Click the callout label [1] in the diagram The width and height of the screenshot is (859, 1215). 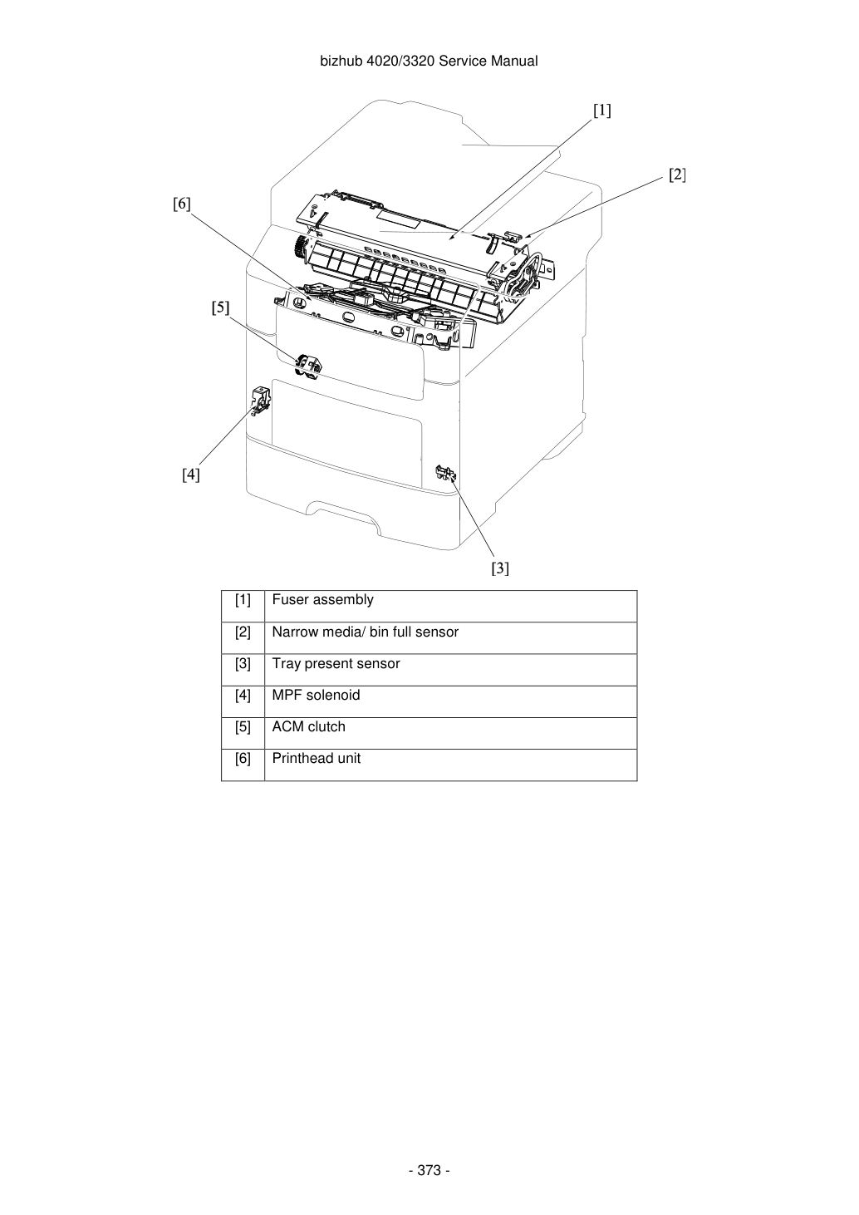pyautogui.click(x=602, y=111)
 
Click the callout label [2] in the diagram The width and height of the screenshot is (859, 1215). pyautogui.click(x=677, y=175)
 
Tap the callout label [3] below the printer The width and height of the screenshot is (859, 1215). pyautogui.click(x=500, y=568)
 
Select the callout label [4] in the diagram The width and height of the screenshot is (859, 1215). pyautogui.click(x=190, y=475)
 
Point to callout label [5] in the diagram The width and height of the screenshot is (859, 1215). pyautogui.click(x=220, y=307)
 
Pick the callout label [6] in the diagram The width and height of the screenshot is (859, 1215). pyautogui.click(x=182, y=204)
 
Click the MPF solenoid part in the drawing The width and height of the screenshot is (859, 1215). pyautogui.click(x=261, y=401)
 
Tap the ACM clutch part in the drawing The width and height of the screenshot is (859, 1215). pyautogui.click(x=308, y=366)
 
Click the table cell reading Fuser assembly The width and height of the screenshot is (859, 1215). pyautogui.click(x=450, y=606)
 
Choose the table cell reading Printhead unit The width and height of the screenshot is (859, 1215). pyautogui.click(x=450, y=765)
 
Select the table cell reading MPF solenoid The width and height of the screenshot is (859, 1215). pyautogui.click(x=450, y=701)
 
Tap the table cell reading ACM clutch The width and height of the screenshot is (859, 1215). pyautogui.click(x=450, y=733)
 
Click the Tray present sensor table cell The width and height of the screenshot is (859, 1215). pyautogui.click(x=450, y=670)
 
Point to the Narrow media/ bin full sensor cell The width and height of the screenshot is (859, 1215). pyautogui.click(x=450, y=638)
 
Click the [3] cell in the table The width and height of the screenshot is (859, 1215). pyautogui.click(x=243, y=670)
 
